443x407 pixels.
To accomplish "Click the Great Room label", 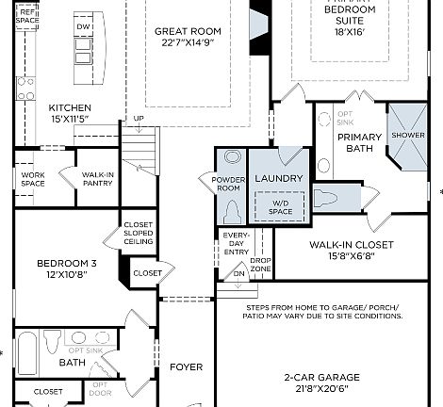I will click(187, 31).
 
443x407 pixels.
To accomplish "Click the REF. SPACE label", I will click(28, 15).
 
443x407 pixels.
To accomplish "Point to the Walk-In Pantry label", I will click(98, 179).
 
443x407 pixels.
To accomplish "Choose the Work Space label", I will click(34, 179).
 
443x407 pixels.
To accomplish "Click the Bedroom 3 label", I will click(67, 263).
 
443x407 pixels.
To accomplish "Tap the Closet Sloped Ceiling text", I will click(139, 234).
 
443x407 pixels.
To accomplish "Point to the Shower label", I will click(408, 135).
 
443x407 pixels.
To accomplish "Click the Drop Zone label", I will click(261, 265).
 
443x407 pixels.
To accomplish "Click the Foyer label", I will click(187, 366).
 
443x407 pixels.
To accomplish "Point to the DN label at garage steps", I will click(239, 274).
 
